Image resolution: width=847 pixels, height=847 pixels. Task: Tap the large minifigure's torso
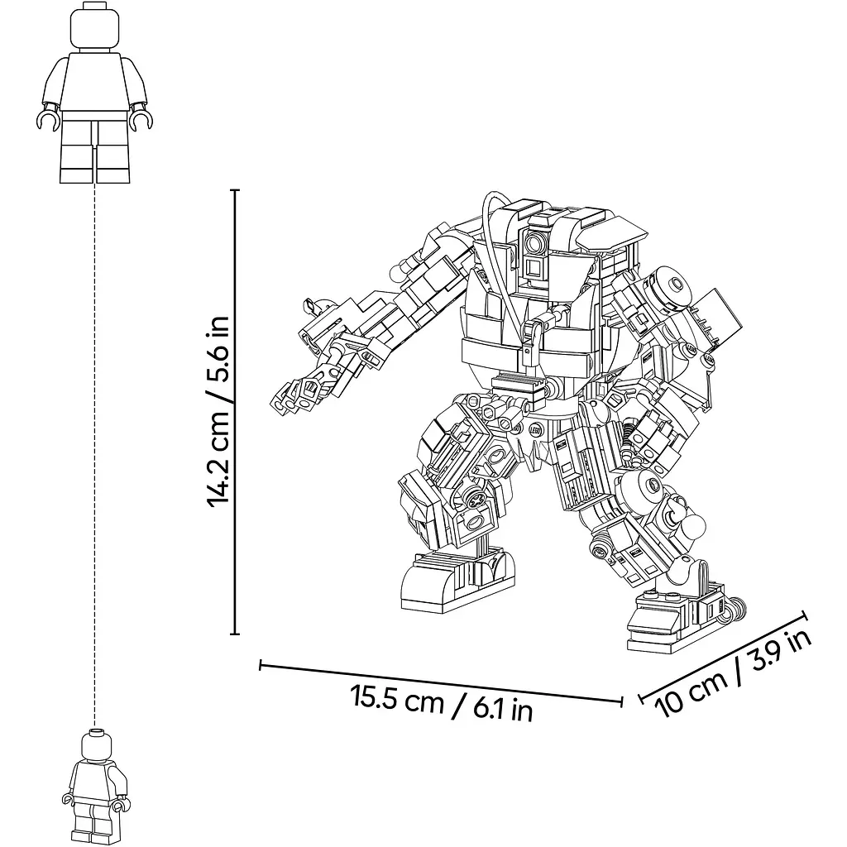pos(95,81)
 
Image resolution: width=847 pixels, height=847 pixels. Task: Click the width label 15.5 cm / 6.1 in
pos(442,703)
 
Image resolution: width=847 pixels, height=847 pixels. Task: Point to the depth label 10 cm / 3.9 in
pos(733,673)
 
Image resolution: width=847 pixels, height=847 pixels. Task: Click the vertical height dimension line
pos(234,412)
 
